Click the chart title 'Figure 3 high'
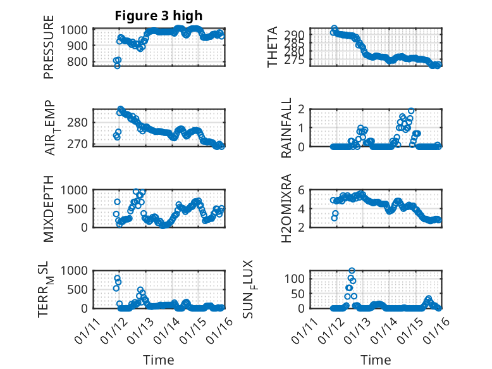click(159, 16)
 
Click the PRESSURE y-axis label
click(49, 51)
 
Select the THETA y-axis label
click(273, 47)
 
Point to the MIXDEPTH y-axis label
click(49, 208)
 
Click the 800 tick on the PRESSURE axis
click(80, 61)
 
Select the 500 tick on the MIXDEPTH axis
click(80, 208)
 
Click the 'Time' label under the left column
click(159, 360)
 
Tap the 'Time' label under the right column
click(376, 360)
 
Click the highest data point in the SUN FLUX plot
click(352, 271)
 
